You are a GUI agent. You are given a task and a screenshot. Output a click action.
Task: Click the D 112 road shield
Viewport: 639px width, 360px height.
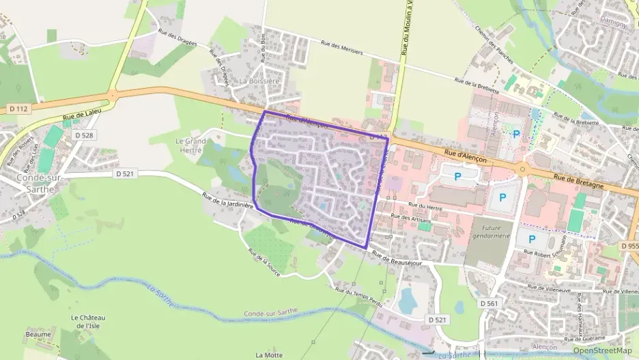click(x=18, y=109)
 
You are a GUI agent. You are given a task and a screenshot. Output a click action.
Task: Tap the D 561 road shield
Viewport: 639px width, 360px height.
click(x=489, y=303)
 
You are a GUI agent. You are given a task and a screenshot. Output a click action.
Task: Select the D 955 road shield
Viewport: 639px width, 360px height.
click(x=629, y=245)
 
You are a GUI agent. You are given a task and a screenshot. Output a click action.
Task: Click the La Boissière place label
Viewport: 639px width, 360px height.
click(x=259, y=81)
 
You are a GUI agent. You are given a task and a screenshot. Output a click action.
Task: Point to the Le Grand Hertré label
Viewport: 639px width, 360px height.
click(x=190, y=145)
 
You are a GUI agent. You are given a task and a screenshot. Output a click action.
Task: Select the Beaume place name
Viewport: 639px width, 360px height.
click(x=38, y=334)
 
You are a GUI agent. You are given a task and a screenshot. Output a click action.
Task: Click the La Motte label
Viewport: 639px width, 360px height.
click(x=269, y=355)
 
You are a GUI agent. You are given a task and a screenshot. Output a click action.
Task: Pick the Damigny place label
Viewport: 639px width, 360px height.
click(x=613, y=23)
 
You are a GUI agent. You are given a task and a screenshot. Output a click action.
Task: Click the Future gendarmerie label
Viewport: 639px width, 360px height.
click(x=487, y=232)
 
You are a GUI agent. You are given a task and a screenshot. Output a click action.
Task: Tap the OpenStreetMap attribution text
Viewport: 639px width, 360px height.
click(x=602, y=350)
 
